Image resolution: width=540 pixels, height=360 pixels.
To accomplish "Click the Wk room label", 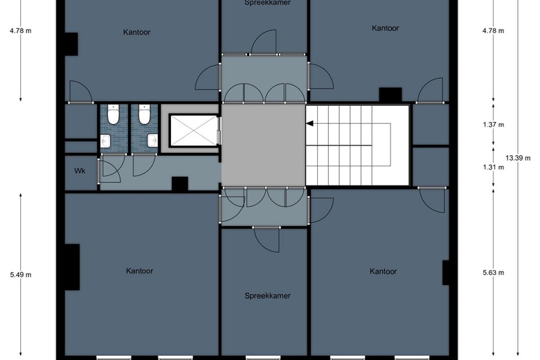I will pos(79,170).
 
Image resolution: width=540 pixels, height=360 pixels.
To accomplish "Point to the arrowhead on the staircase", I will pos(310,124).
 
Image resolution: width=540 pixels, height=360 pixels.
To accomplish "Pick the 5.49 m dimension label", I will pos(21,275).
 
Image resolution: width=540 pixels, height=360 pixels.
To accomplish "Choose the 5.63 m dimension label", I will pos(493,272).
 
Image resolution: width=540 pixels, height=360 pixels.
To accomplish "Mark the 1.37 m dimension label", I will pos(493,125).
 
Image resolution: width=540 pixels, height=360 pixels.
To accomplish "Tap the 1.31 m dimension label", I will pos(493,168).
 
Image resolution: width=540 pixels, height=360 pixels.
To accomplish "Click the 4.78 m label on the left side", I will pos(21,30).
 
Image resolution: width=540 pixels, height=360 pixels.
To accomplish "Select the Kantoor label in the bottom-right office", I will pos(384,271).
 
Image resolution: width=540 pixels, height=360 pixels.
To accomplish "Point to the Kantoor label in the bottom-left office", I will pos(139,271).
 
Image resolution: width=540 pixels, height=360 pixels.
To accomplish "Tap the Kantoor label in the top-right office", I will pos(386,28).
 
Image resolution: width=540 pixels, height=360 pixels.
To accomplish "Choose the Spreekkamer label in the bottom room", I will pos(267,296).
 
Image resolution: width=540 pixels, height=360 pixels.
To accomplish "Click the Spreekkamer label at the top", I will pos(267,3).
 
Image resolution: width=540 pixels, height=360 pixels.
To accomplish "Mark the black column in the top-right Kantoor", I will pos(390,95).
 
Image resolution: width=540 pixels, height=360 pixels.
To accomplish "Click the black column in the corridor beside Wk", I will pos(180,183).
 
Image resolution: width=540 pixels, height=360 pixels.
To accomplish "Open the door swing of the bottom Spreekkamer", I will pos(266,239).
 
